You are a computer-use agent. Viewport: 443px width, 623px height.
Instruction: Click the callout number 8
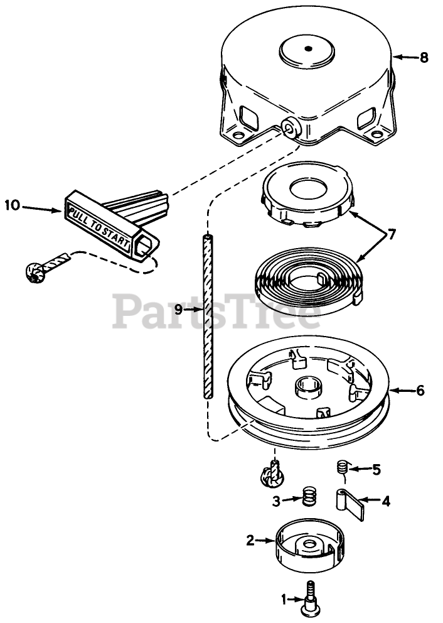(x=424, y=58)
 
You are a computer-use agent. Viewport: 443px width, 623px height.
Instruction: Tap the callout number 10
(x=13, y=205)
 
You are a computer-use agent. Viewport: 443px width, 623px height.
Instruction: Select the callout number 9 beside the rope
(x=179, y=309)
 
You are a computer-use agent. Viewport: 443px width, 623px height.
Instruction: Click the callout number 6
(x=420, y=391)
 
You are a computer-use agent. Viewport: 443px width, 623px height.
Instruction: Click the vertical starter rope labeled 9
(x=208, y=314)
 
